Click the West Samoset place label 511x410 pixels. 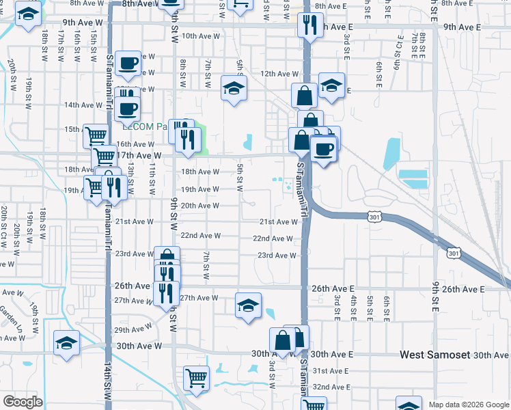(x=434, y=355)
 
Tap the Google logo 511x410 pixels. (x=23, y=402)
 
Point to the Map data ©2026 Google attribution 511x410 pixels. (x=469, y=405)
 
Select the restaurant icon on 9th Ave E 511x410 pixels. (x=310, y=26)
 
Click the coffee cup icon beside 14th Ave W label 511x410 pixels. (x=128, y=108)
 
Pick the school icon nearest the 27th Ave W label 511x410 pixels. (x=248, y=305)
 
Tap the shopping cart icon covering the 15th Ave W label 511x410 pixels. (x=96, y=135)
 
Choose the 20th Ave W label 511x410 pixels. (x=199, y=206)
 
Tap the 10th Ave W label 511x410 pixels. (x=199, y=36)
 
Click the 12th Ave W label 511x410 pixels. (x=279, y=74)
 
